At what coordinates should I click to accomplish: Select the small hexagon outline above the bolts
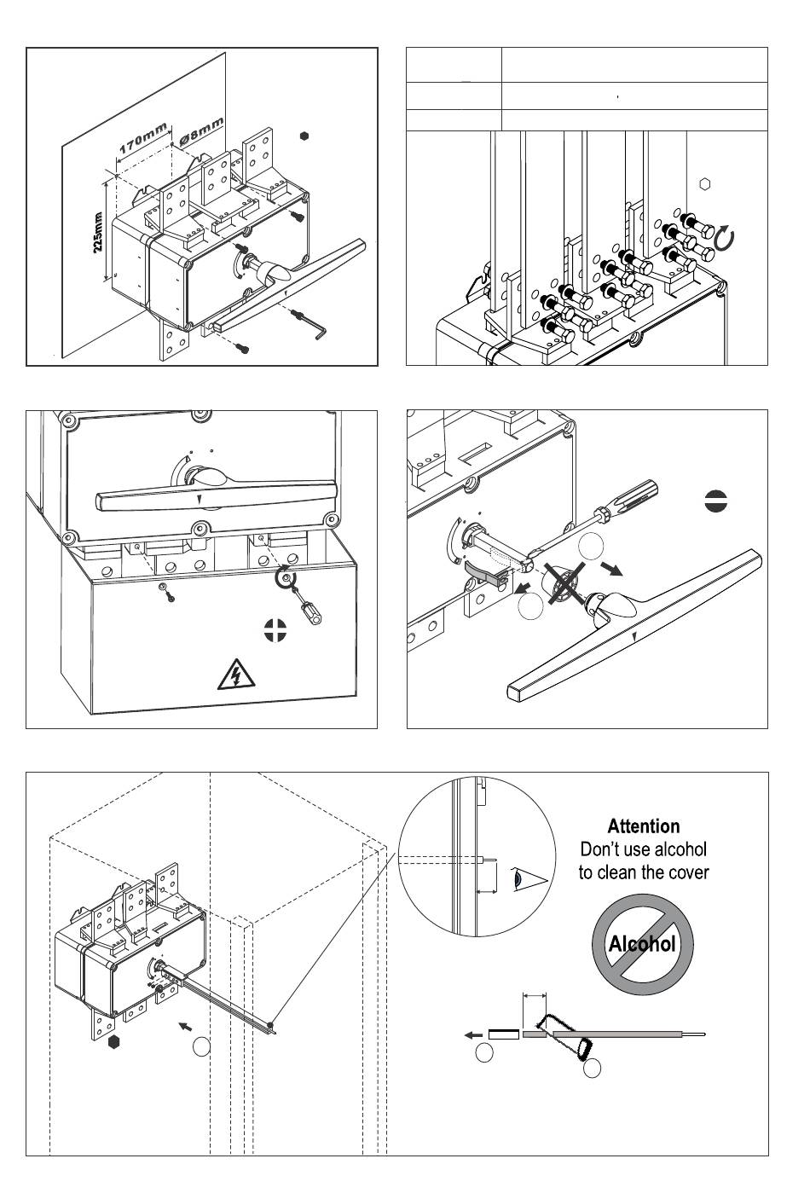coord(705,183)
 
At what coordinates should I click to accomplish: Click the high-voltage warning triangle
coord(233,675)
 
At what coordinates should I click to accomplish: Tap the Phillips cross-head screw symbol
coord(275,629)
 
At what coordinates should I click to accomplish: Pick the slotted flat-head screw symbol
coord(716,501)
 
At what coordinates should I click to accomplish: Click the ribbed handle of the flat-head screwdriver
coord(634,492)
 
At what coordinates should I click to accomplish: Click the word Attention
coord(644,826)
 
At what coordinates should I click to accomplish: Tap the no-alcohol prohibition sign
coord(643,943)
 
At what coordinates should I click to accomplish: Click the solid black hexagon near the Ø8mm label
coord(304,135)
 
